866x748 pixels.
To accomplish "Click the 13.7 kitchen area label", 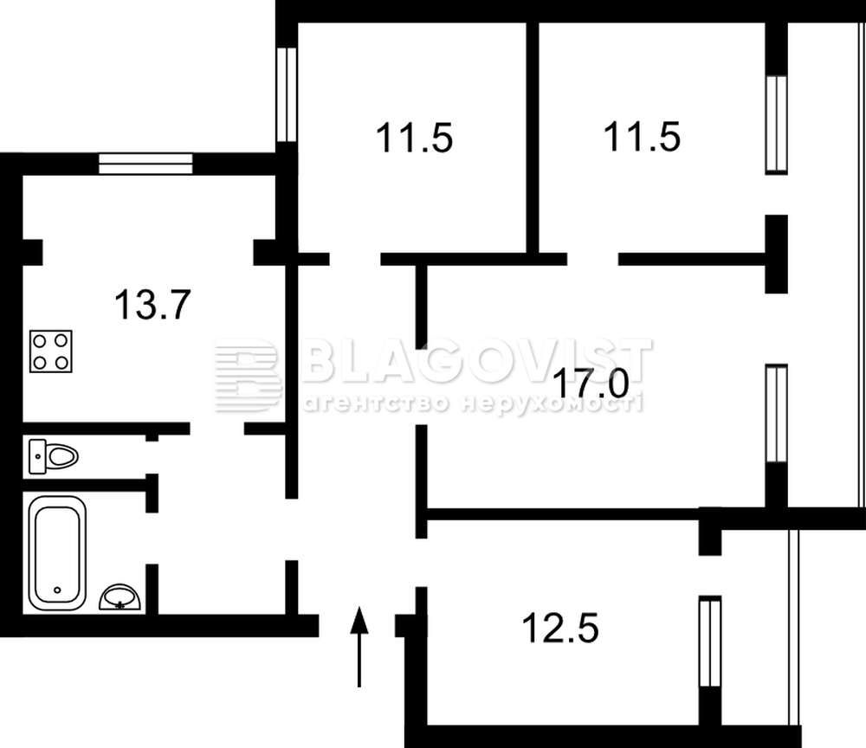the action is (x=152, y=305).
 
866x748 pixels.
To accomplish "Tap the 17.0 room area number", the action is (x=590, y=384).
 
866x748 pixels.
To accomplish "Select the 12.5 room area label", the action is (x=560, y=629).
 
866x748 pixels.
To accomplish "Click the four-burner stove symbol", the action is (x=51, y=351).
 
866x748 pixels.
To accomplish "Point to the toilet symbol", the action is (x=54, y=456).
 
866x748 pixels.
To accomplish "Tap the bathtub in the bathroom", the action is (x=57, y=553).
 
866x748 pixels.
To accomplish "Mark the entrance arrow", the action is (x=359, y=647).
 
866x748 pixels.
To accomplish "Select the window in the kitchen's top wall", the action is (x=145, y=164).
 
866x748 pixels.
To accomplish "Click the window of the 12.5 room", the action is (x=710, y=642).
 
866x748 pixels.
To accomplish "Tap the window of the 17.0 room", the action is (x=777, y=414).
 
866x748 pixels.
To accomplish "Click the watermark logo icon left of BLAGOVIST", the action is (x=248, y=376).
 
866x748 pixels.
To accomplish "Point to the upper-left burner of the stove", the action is (x=40, y=341).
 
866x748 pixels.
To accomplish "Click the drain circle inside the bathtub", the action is (x=57, y=590).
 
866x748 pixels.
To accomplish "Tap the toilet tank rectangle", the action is (x=37, y=456).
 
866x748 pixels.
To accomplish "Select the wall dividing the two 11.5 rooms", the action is (x=533, y=138).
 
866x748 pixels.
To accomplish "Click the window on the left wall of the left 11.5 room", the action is (x=287, y=94).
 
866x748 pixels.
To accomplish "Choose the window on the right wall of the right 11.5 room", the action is (x=777, y=125).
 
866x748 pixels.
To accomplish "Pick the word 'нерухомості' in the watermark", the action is (x=553, y=403).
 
